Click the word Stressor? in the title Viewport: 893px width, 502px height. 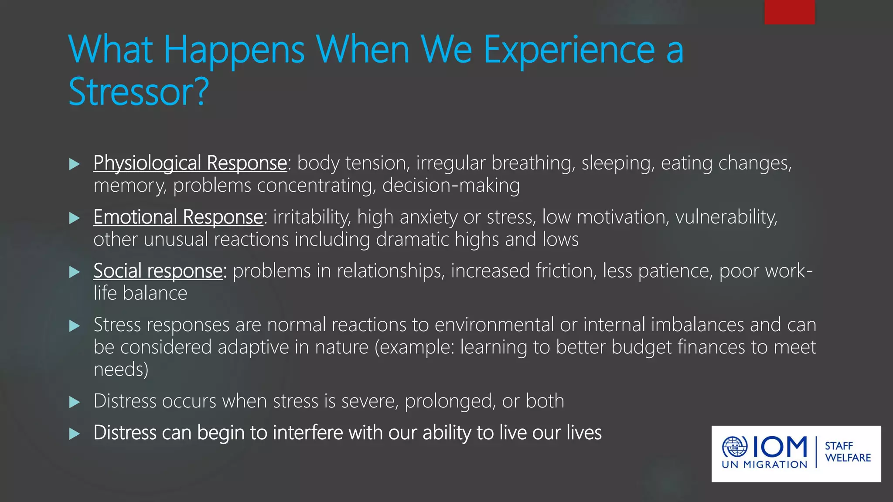tap(139, 92)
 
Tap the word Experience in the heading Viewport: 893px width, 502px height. tap(569, 51)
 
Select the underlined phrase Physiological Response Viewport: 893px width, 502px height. tap(190, 163)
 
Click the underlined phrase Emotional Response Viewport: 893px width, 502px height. tap(178, 217)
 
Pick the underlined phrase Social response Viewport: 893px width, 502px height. tap(158, 271)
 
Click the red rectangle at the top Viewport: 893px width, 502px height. tap(789, 12)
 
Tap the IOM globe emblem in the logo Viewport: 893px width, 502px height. tap(735, 447)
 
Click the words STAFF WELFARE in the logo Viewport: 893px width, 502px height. tap(848, 452)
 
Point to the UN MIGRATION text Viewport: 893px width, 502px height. tap(764, 465)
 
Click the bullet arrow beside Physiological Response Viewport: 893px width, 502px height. tap(75, 164)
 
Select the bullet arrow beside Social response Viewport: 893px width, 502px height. tap(75, 272)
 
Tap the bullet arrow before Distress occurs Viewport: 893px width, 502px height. tap(75, 402)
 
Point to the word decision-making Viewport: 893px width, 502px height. tap(451, 186)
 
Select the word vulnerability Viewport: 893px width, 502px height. tap(726, 217)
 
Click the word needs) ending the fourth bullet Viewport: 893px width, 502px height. tap(121, 370)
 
